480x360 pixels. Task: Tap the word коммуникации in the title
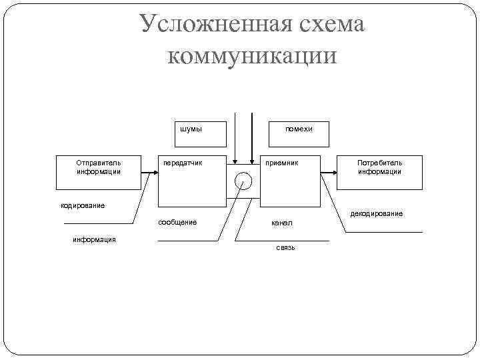253,55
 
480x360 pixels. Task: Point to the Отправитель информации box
99,173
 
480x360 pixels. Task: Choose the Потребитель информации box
379,173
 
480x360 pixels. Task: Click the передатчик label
183,162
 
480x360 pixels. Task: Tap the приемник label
282,162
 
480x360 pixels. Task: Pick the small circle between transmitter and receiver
243,181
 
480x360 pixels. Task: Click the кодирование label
83,205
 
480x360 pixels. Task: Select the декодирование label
377,213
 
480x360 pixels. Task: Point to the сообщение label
177,222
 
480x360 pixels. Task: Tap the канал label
281,222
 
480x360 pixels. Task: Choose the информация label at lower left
94,239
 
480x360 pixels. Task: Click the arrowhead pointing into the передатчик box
155,173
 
